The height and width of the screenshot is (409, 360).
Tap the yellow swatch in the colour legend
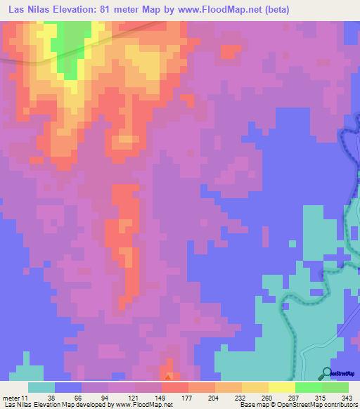pyautogui.click(x=282, y=387)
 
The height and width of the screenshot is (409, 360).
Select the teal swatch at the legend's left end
pyautogui.click(x=41, y=387)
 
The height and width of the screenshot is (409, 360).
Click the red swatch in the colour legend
pyautogui.click(x=175, y=387)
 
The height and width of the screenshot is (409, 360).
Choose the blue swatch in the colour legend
pyautogui.click(x=68, y=387)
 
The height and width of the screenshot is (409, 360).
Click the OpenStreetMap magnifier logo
pyautogui.click(x=326, y=372)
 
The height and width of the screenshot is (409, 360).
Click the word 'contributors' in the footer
pyautogui.click(x=338, y=405)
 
